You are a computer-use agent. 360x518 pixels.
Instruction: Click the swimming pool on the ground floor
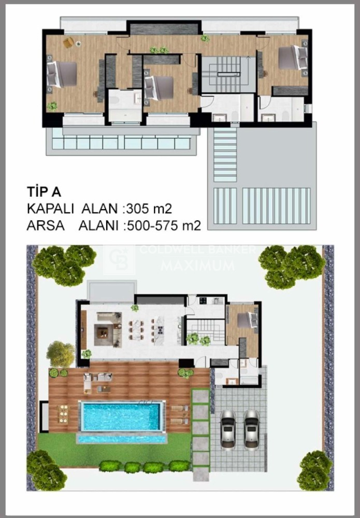pos(121,416)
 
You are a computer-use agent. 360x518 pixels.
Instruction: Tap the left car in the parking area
pos(228,429)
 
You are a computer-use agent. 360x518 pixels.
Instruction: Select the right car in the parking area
pos(252,429)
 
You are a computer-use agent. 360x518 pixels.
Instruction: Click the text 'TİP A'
pos(44,192)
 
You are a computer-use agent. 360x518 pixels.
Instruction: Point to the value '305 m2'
pos(149,209)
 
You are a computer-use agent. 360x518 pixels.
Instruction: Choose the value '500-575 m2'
pos(164,226)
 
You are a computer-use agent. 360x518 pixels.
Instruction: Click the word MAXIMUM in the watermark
pos(197,266)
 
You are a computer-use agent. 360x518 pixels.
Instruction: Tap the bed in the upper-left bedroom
pos(62,74)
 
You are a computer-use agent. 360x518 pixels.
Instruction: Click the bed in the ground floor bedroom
pos(248,320)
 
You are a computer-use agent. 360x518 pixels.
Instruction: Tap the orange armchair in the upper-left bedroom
pos(68,42)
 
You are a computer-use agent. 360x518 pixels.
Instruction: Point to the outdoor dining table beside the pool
pos(63,414)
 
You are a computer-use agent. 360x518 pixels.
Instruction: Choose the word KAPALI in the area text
pos(51,209)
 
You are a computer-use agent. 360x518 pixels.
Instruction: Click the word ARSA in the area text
pos(46,226)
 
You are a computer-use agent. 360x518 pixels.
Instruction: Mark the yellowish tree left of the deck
pos(61,354)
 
